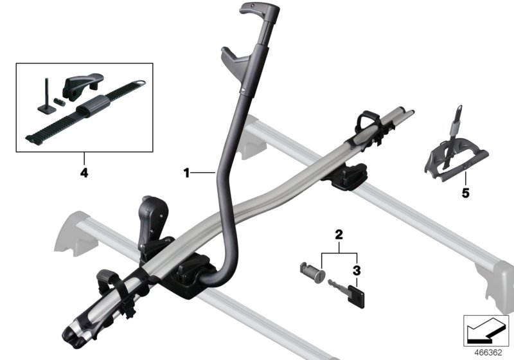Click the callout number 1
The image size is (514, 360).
point(186,172)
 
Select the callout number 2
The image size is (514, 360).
point(339,235)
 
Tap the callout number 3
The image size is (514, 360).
point(357,271)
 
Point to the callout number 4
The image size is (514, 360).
point(84,172)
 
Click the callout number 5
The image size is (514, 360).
point(465,194)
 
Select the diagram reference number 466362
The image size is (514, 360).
point(488,353)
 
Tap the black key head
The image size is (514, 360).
point(356,296)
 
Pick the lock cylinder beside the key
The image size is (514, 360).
point(312,271)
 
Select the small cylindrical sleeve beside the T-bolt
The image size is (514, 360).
point(60,101)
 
